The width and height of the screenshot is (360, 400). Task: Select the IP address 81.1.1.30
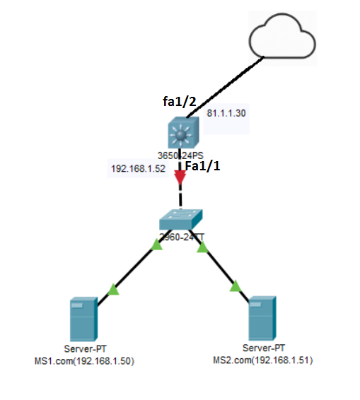tap(226, 113)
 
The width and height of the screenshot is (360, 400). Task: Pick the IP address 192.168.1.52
tap(138, 170)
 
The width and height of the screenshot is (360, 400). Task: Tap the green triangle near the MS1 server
tap(114, 289)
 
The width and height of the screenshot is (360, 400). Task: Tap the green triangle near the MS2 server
tap(235, 286)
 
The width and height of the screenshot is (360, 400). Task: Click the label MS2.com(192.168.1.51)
tap(263, 360)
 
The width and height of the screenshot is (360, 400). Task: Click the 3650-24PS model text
tap(180, 155)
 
